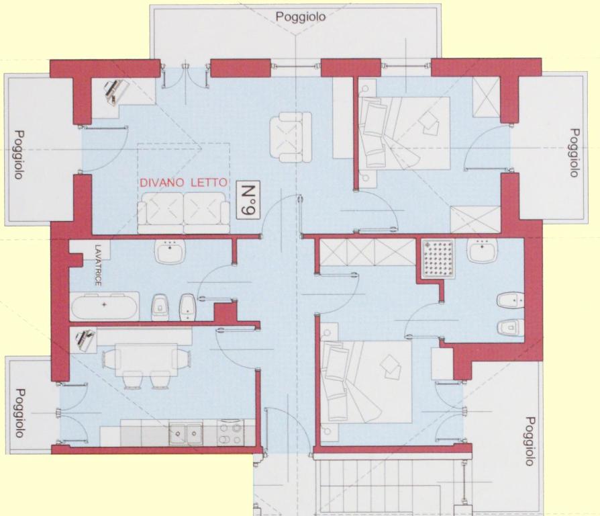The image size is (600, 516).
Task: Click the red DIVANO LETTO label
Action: tap(184, 183)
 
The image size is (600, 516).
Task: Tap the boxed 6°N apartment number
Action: tap(248, 200)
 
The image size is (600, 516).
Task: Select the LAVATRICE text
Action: tap(99, 265)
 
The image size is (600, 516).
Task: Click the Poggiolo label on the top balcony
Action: tap(301, 17)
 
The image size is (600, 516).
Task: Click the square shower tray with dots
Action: tap(438, 259)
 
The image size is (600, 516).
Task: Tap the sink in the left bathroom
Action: tap(170, 251)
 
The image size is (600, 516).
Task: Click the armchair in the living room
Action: tap(291, 136)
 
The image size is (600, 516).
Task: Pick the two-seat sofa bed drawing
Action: tap(184, 213)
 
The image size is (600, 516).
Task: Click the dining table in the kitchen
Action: tap(146, 360)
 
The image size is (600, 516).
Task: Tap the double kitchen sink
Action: tap(187, 433)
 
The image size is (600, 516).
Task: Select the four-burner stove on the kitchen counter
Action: tap(230, 433)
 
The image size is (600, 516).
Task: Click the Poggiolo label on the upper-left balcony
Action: tap(18, 155)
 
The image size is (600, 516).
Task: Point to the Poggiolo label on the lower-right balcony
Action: tap(530, 441)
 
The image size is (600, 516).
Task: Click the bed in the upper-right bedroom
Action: tap(404, 133)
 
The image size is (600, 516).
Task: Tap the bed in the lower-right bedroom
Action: tap(367, 382)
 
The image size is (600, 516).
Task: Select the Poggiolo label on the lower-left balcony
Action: tap(19, 413)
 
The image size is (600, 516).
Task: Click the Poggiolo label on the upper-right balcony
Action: tap(574, 153)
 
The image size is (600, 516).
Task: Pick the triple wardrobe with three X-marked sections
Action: tap(367, 252)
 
